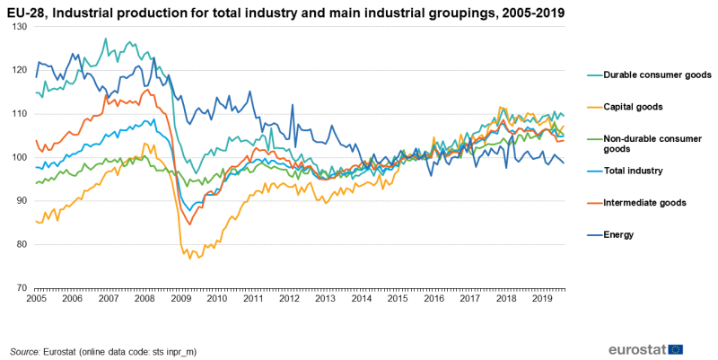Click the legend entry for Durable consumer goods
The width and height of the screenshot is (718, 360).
[x=657, y=75]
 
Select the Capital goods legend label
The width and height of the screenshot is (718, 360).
[x=633, y=107]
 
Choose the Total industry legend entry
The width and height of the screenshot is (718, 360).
[x=633, y=171]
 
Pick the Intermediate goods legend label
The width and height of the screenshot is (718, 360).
[x=644, y=203]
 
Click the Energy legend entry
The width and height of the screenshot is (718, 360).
[x=618, y=235]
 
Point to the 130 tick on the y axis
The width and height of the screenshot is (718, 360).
[x=21, y=27]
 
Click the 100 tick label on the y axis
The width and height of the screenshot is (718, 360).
[x=21, y=158]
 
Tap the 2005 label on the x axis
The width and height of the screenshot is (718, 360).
[x=37, y=298]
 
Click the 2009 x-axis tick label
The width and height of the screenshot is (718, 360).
[x=180, y=298]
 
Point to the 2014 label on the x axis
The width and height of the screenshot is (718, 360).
[x=361, y=298]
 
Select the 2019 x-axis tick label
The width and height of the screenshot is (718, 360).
[x=541, y=298]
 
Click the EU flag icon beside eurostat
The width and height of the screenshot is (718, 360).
[x=676, y=349]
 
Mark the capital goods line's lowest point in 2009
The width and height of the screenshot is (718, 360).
[x=188, y=259]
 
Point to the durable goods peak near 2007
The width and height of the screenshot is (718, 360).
[x=106, y=39]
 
